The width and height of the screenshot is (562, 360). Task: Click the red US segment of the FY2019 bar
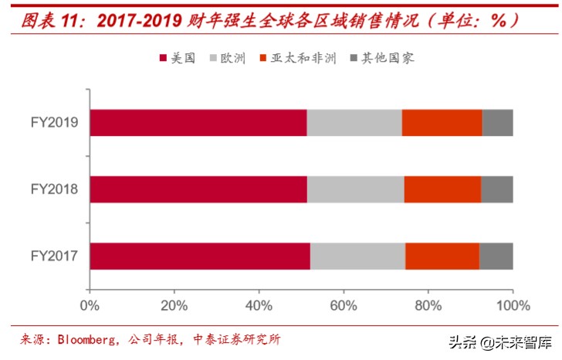click(198, 123)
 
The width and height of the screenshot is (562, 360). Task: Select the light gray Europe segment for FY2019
click(354, 123)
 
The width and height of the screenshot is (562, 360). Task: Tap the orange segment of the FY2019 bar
click(442, 123)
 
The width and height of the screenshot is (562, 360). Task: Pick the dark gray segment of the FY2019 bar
click(498, 123)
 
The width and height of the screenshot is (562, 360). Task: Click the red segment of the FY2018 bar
click(198, 189)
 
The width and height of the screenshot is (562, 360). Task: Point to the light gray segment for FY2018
click(355, 189)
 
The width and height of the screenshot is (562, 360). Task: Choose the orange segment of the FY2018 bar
click(442, 189)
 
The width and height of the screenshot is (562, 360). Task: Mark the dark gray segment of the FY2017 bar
click(496, 256)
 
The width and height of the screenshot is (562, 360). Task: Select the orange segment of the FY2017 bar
click(442, 256)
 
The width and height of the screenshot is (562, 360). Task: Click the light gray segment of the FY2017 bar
click(357, 256)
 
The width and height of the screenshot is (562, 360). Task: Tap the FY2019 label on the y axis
click(55, 123)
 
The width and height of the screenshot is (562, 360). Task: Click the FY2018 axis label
click(55, 189)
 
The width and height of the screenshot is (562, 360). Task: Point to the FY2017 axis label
click(55, 256)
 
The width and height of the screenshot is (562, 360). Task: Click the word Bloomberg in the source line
click(84, 339)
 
